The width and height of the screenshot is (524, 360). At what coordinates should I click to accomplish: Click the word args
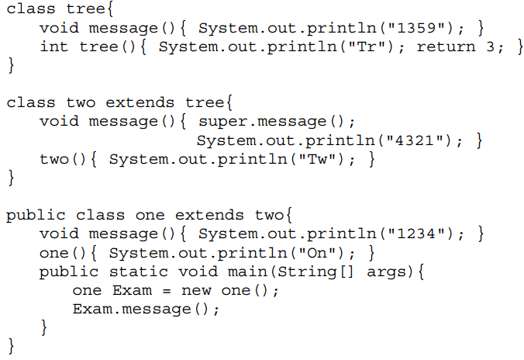click(387, 272)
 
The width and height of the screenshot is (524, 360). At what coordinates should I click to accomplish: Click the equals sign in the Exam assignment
click(164, 290)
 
